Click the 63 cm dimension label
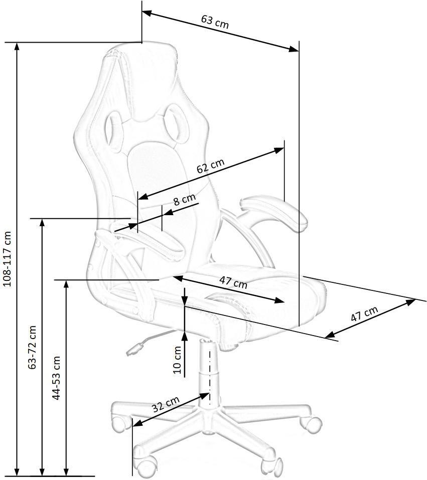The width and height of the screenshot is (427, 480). (215, 22)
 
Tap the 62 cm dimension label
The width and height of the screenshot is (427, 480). (210, 166)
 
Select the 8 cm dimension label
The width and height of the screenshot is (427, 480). (185, 200)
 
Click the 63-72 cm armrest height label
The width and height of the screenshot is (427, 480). (32, 347)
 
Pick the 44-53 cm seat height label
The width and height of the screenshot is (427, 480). (56, 378)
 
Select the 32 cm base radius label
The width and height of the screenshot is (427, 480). (166, 404)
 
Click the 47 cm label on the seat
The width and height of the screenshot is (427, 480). (233, 282)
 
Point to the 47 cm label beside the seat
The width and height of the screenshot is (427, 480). (364, 313)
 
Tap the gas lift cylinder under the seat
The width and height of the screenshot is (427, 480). (209, 374)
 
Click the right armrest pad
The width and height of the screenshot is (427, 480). (273, 213)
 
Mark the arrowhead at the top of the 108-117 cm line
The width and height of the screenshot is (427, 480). (18, 47)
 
